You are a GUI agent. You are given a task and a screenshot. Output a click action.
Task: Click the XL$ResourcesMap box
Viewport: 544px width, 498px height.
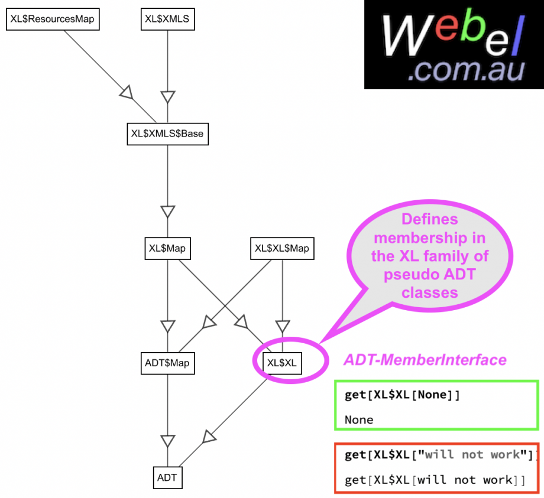[x=52, y=19]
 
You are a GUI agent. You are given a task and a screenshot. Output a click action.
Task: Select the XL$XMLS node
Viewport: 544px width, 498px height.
[x=167, y=19]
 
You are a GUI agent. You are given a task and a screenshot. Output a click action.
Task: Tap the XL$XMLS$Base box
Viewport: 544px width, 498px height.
[x=167, y=134]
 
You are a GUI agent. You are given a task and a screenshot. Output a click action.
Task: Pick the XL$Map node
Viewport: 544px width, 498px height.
[x=167, y=248]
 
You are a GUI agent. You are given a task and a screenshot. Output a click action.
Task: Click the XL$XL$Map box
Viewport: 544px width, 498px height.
[x=281, y=248]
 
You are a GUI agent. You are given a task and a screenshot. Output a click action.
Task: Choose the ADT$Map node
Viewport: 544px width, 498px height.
[x=167, y=362]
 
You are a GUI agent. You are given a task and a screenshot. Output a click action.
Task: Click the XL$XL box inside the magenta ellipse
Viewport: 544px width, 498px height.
[x=282, y=362]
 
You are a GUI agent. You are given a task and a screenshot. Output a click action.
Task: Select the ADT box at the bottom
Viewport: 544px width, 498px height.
[x=167, y=477]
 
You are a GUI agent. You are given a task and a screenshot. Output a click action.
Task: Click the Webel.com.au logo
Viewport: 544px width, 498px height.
[x=454, y=45]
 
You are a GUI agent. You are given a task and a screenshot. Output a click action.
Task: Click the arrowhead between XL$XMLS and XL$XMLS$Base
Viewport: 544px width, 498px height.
[x=168, y=96]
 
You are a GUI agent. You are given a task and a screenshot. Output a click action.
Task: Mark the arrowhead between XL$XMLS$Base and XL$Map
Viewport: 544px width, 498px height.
[x=168, y=211]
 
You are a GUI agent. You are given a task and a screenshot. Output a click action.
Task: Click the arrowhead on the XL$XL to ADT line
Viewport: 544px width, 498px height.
[x=209, y=436]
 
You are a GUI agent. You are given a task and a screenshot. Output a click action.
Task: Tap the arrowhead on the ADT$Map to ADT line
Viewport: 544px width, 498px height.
[x=168, y=440]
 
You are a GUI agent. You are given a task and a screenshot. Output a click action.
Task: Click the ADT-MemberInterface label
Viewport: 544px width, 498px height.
[x=425, y=360]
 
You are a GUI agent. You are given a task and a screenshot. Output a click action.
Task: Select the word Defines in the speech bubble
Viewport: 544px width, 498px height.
[x=429, y=219]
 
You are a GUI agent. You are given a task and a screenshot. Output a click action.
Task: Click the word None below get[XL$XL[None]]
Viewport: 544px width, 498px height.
[x=359, y=420]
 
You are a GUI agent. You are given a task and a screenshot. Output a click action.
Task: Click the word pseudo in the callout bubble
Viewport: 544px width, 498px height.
[x=410, y=275]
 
